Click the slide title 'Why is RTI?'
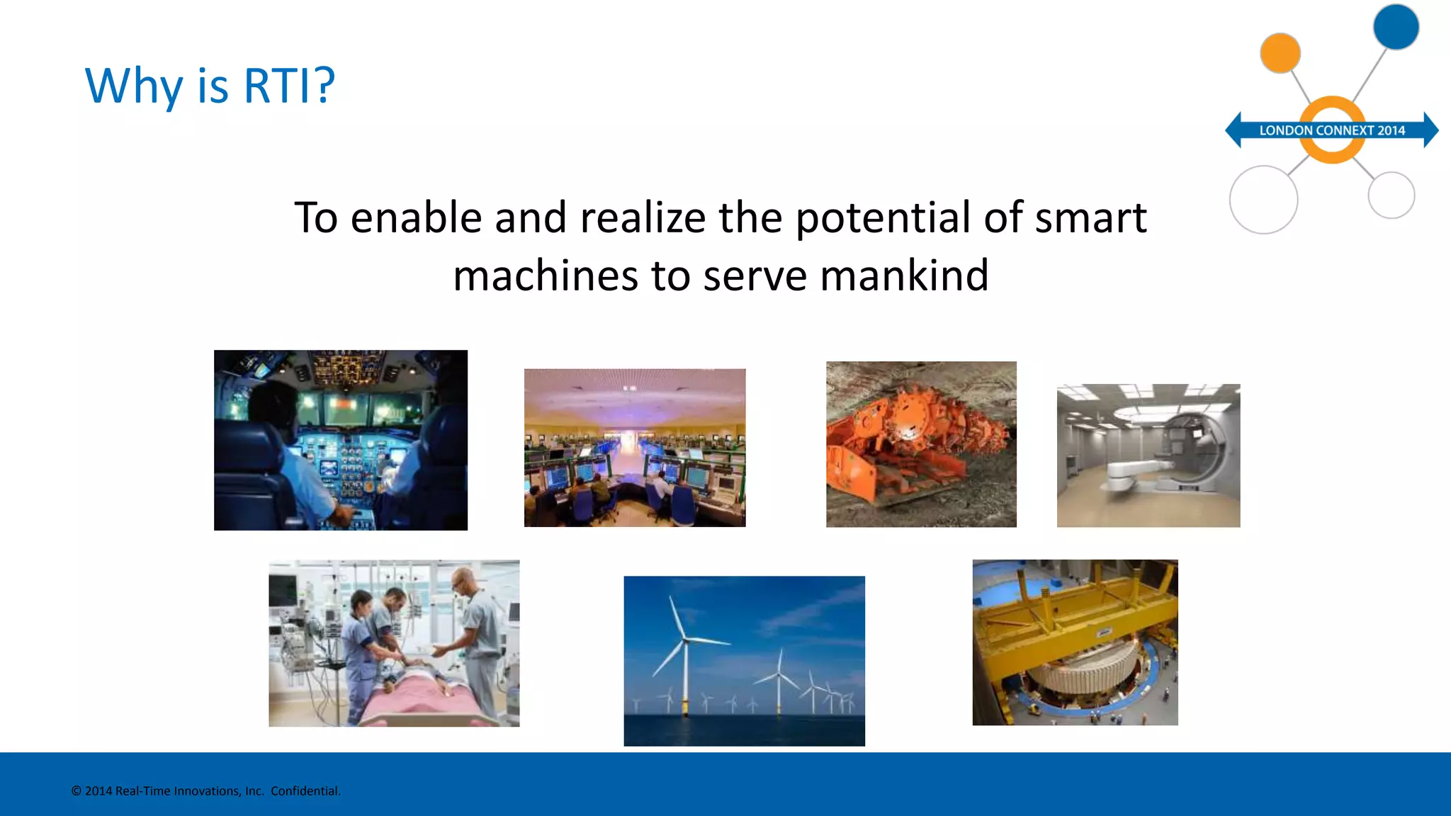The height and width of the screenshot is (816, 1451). click(210, 86)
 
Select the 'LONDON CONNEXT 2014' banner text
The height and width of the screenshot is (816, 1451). click(1331, 130)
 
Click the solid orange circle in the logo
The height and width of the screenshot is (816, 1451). click(1280, 53)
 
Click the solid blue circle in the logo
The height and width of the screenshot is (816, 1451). click(1395, 27)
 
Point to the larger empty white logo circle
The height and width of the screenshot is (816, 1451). click(1263, 200)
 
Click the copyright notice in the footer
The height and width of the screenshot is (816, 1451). click(205, 791)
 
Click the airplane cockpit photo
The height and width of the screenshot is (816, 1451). click(340, 440)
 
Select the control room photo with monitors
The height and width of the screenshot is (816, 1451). click(634, 448)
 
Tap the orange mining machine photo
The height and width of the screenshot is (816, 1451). click(920, 444)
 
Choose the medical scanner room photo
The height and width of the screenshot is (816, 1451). click(1148, 455)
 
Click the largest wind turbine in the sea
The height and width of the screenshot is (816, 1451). click(684, 652)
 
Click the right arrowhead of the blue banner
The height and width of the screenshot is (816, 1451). click(1430, 130)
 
